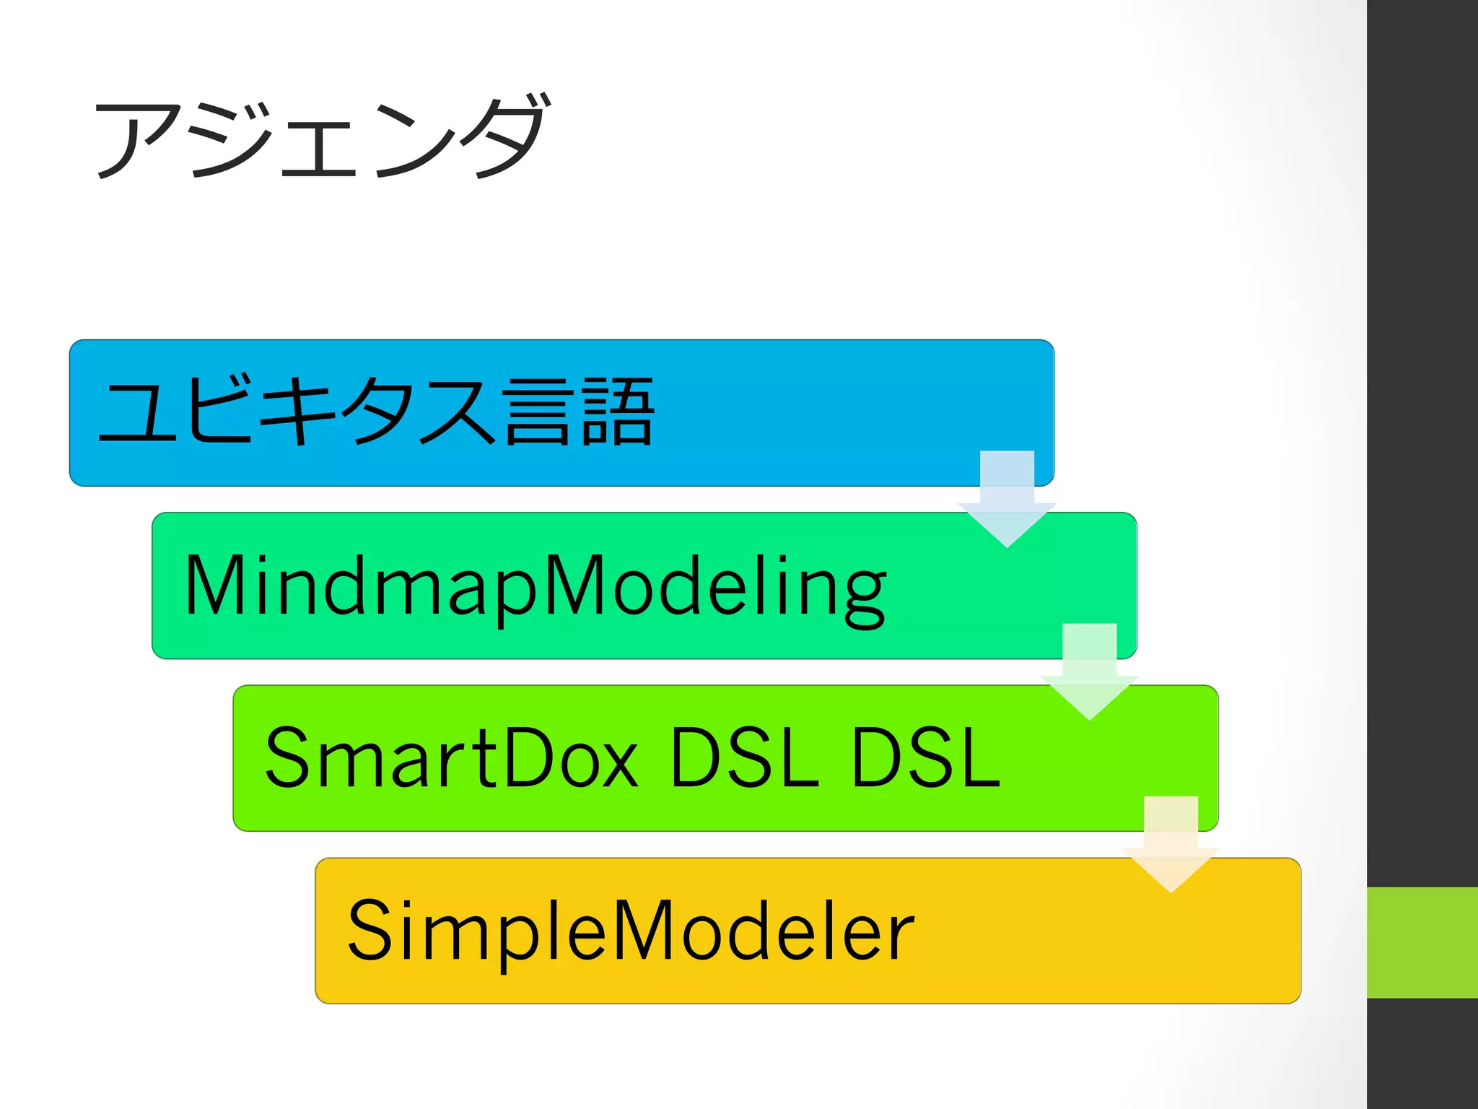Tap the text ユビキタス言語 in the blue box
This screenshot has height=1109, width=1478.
click(x=376, y=412)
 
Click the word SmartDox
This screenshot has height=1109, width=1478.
click(x=452, y=758)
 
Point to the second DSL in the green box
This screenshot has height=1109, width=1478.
click(x=926, y=758)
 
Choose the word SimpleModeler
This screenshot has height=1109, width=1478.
click(x=631, y=931)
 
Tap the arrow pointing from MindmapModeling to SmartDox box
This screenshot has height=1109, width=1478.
click(x=1089, y=672)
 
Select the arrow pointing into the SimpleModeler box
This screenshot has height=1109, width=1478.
click(x=1171, y=845)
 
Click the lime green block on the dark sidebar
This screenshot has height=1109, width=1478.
click(x=1422, y=942)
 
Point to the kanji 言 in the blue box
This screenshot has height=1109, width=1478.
click(x=539, y=412)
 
